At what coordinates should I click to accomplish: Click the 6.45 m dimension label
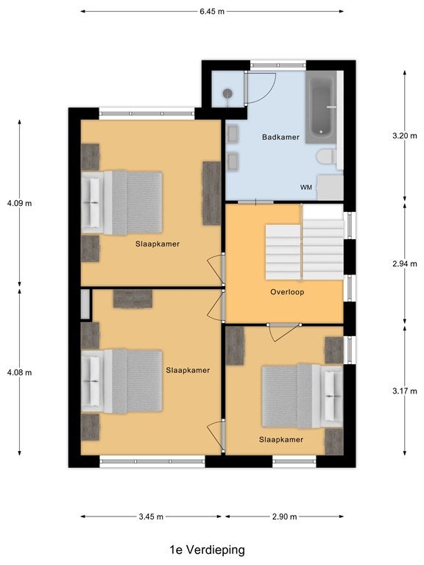point(212,12)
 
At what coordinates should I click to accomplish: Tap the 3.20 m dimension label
point(405,136)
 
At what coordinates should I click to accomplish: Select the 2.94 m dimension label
point(405,264)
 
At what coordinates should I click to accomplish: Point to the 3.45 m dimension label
point(151,516)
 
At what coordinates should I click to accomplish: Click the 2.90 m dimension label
point(285,516)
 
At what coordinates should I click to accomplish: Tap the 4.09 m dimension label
point(19,203)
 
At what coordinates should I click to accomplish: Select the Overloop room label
point(287,292)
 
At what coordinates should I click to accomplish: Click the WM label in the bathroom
point(306,188)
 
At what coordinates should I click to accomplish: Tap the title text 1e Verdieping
point(208,550)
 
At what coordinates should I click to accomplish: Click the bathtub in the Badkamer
point(322,108)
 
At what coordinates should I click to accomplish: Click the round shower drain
point(227,93)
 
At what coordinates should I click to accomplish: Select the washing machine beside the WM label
point(330,188)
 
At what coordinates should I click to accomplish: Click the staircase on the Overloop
point(304,243)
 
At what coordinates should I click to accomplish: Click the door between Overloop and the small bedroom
point(284,332)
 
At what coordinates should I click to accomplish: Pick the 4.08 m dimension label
point(19,372)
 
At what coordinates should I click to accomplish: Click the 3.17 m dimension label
point(405,391)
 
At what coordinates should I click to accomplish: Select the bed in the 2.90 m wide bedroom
point(303,396)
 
